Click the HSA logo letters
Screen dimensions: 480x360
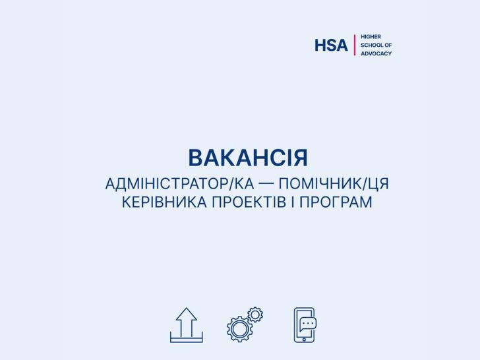coord(331,45)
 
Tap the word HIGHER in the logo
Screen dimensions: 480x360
coord(371,37)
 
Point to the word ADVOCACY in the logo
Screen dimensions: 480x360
coord(376,53)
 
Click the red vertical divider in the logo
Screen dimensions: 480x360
coord(355,45)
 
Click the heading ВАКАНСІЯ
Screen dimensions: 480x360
coord(248,158)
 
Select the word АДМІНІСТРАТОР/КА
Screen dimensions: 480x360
coord(180,184)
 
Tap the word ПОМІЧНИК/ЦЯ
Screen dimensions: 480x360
coord(334,184)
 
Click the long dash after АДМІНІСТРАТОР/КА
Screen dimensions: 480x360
coord(266,185)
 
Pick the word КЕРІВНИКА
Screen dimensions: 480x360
coord(164,202)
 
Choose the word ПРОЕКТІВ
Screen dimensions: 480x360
coord(249,202)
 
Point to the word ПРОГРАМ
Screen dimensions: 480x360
coord(336,202)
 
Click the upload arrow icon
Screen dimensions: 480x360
coord(187,325)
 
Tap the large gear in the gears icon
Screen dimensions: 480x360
coord(240,329)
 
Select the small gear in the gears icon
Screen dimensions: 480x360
coord(255,315)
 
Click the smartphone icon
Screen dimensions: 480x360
coord(304,325)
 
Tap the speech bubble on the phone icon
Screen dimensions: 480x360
coord(308,324)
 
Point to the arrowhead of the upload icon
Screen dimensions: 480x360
coord(187,314)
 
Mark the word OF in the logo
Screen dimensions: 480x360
coord(388,45)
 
